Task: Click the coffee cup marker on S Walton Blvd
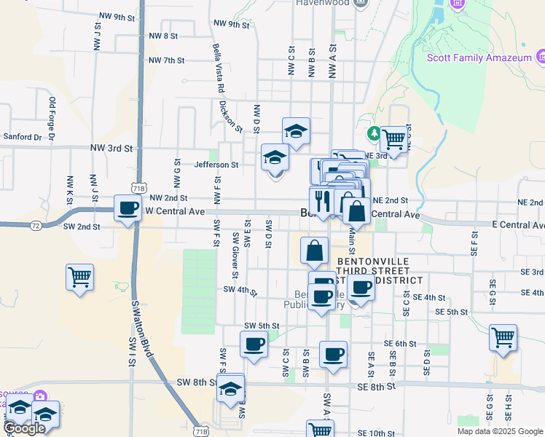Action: pos(129,208)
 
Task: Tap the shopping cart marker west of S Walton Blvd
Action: pos(79,277)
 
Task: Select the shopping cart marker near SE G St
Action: pos(503,337)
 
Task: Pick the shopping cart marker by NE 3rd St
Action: pos(393,139)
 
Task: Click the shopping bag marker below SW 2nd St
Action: pos(313,250)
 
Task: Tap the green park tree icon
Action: pos(373,133)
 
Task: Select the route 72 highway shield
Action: pos(35,227)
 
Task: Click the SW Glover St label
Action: pos(235,255)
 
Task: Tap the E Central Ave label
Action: pos(518,225)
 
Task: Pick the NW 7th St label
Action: pos(165,60)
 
